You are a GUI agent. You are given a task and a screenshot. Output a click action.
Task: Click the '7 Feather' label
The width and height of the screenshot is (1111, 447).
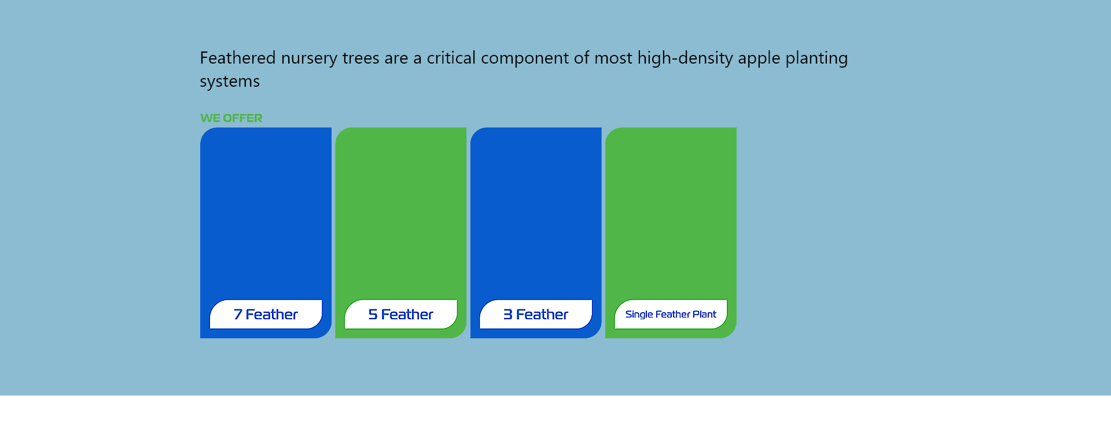(x=266, y=315)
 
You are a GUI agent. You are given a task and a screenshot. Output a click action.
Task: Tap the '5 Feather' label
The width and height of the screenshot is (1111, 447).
(x=400, y=315)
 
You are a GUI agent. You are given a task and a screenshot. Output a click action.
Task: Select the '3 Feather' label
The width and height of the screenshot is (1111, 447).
(x=536, y=315)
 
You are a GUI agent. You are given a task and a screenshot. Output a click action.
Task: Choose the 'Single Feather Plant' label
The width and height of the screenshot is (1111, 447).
(x=671, y=315)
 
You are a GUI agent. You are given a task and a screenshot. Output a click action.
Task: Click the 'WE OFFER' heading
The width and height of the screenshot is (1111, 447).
(x=231, y=118)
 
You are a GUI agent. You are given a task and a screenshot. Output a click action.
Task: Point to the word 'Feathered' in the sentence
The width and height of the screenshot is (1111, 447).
(x=238, y=58)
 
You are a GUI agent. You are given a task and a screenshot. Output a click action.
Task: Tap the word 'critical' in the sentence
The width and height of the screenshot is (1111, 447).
(x=451, y=58)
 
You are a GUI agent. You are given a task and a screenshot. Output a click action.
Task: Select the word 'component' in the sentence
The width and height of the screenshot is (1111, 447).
(x=525, y=59)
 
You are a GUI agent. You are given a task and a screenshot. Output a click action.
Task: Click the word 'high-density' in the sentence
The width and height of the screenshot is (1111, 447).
(x=685, y=59)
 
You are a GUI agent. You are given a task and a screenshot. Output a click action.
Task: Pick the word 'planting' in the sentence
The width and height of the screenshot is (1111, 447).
(x=816, y=59)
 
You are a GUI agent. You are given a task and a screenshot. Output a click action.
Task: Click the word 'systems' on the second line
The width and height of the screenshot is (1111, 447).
(x=230, y=82)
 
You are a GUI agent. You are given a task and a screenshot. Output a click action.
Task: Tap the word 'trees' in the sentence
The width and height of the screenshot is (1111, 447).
(x=360, y=58)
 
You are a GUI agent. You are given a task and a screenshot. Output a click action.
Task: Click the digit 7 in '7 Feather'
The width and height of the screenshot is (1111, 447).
(x=238, y=315)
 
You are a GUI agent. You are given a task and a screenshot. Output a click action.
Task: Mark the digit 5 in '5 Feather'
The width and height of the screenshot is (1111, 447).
(x=373, y=315)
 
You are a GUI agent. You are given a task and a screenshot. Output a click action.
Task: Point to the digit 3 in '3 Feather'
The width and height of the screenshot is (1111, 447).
(x=508, y=315)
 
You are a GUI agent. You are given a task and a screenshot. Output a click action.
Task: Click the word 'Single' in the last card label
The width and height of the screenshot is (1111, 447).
(x=639, y=315)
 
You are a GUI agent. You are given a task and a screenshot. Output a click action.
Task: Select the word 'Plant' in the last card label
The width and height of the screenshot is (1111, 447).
(x=704, y=315)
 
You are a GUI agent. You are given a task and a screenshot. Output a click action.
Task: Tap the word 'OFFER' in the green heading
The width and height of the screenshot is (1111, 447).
(x=242, y=118)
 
